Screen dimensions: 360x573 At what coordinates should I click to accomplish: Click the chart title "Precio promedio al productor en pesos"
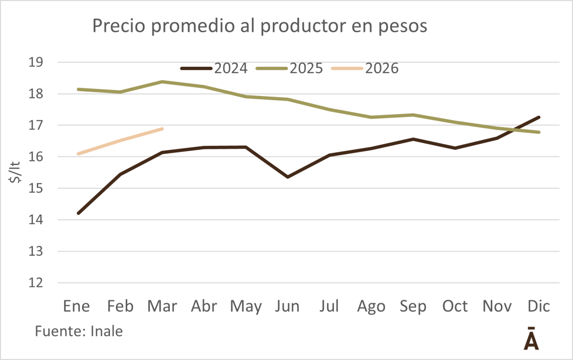pos(260,26)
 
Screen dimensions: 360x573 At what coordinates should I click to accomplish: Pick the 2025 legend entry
pos(289,69)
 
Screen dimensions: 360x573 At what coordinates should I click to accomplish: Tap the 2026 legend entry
pos(365,69)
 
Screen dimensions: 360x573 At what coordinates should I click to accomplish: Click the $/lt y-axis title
pos(16,172)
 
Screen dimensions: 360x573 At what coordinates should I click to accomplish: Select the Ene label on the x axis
pos(77,306)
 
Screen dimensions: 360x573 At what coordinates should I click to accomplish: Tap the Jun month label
pos(287,306)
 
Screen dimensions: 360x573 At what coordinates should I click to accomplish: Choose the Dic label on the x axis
pos(539,306)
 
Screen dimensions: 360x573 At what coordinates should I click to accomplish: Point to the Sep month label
pos(413,306)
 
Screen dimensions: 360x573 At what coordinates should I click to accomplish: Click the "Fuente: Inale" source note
pos(79,332)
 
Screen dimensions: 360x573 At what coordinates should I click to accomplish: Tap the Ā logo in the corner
pos(531,339)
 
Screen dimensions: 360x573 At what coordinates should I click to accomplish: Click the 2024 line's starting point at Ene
pos(78,213)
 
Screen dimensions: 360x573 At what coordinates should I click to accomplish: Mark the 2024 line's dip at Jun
pos(288,177)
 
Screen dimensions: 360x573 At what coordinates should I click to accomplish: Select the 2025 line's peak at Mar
pos(162,82)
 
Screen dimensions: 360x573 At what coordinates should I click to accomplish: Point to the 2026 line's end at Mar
pos(162,129)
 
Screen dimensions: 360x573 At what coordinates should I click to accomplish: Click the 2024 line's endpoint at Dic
pos(539,117)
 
